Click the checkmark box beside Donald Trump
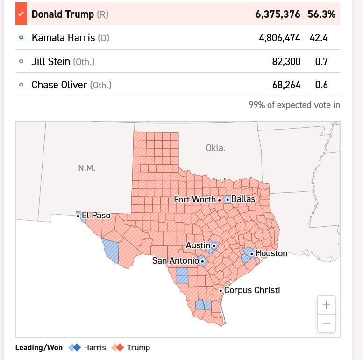(x=21, y=14)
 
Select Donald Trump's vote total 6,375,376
(x=278, y=14)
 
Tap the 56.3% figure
(x=321, y=14)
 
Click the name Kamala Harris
(x=63, y=38)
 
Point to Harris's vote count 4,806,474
(x=279, y=38)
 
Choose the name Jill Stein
(x=51, y=61)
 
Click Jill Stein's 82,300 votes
(x=286, y=61)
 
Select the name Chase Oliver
(x=59, y=85)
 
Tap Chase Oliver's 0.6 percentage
(x=321, y=85)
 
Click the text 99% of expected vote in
(x=294, y=105)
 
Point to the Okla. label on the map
(x=215, y=148)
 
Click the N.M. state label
(x=87, y=168)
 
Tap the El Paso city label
(x=96, y=216)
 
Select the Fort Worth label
(x=195, y=199)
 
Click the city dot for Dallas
(x=228, y=199)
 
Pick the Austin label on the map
(x=198, y=245)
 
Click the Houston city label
(x=271, y=253)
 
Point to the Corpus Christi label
(x=252, y=290)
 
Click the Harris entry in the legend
(x=95, y=347)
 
